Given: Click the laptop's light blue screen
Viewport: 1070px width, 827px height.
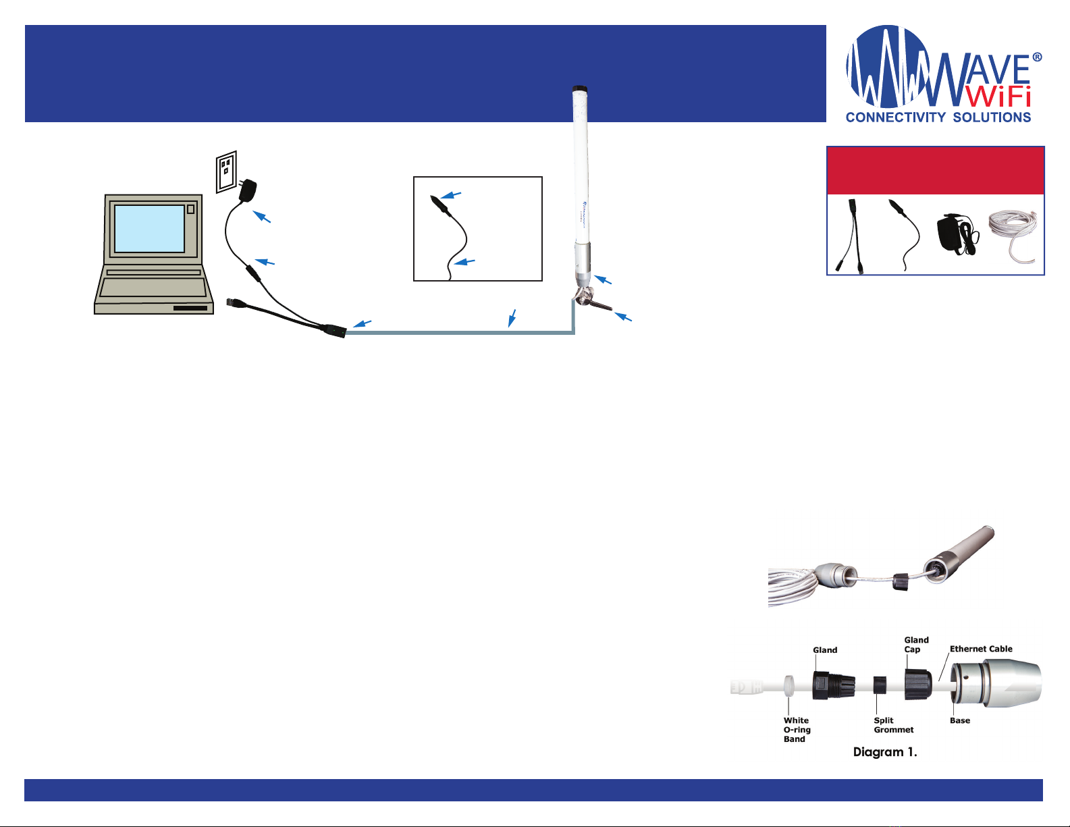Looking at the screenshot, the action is pos(149,229).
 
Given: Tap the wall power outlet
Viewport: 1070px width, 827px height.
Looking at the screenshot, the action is pos(227,171).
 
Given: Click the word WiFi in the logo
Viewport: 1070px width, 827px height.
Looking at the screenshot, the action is pos(999,97).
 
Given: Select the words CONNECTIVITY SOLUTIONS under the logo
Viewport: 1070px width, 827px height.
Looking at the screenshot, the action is pos(938,117).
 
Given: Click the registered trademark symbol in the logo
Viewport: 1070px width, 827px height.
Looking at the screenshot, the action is pos(1036,57).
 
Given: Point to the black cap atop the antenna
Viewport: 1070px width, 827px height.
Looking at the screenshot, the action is pos(580,89).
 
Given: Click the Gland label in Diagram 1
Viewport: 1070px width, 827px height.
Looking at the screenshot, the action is pos(825,649).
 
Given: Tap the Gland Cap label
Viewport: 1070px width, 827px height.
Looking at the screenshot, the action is pos(916,644).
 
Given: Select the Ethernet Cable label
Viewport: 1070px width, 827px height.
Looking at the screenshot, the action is pos(981,649).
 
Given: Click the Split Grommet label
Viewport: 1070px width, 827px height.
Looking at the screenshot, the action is pos(893,724).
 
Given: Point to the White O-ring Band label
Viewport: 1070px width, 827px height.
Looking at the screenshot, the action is pos(797,730).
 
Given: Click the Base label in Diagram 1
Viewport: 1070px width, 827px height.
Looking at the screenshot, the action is pos(960,720).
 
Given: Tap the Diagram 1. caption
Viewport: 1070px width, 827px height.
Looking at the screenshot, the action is pos(885,751).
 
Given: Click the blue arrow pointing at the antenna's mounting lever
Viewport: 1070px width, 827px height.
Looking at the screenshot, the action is pos(623,317).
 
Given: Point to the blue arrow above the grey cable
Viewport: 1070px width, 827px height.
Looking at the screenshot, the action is pos(512,317).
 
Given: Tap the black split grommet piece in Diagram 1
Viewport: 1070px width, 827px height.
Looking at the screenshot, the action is pos(880,685).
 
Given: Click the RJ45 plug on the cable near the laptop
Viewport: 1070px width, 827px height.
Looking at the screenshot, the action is pos(233,302).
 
